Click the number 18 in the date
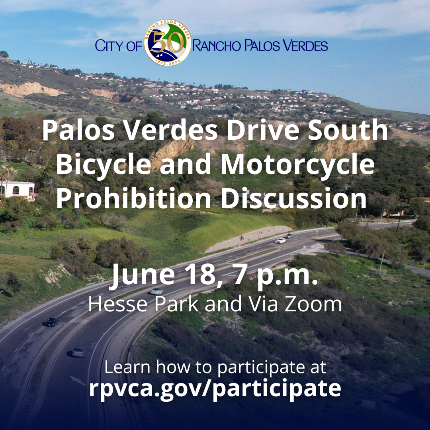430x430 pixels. tap(201, 274)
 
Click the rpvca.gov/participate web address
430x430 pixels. tap(215, 389)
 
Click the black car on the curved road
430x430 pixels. tap(51, 322)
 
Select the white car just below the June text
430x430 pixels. tap(156, 291)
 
